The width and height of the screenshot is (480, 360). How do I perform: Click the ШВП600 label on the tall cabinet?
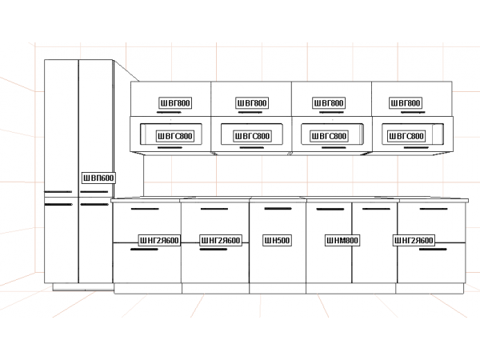98,178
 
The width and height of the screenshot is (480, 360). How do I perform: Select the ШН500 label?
277,240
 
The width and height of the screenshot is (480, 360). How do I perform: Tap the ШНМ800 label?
342,240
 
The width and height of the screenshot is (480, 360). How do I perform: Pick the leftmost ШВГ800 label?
175,103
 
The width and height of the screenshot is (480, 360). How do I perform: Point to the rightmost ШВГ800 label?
406,103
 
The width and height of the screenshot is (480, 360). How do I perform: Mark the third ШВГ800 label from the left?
329,103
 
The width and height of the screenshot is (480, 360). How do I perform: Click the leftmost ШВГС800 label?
174,137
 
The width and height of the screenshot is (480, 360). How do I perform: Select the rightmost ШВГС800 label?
406,137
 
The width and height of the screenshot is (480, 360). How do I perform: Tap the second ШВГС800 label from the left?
252,137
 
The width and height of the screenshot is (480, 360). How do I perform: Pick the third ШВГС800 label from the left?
329,137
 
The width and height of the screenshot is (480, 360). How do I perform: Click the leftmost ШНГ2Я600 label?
158,240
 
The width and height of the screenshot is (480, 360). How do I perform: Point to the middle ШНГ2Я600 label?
220,240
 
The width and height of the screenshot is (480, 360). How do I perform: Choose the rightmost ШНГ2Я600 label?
414,240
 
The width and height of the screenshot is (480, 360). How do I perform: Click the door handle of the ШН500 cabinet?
277,209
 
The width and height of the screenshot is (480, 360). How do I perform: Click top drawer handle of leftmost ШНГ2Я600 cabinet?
144,210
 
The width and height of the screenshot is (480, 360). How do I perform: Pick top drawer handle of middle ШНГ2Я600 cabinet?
214,210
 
